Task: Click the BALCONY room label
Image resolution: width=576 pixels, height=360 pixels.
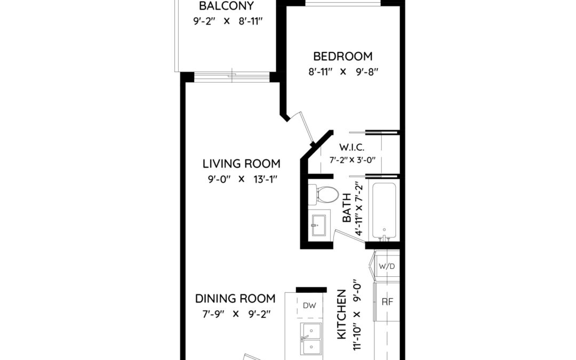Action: point(226,6)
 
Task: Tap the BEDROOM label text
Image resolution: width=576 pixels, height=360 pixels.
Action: point(343,56)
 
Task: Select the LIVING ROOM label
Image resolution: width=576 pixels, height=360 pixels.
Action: point(242,164)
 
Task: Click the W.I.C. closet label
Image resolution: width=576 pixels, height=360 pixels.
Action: point(351,148)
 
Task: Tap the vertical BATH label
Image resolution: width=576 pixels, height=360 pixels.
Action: point(347,208)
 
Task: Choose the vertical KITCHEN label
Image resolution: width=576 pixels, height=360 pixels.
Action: point(342,315)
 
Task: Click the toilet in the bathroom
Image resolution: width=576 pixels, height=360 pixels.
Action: point(323,194)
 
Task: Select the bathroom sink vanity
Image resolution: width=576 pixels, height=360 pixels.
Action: point(319,225)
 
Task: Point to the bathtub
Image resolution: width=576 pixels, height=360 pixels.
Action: point(384,211)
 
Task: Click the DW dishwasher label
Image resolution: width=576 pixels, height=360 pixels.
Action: point(309,305)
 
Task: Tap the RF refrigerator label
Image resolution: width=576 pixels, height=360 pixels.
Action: point(387,302)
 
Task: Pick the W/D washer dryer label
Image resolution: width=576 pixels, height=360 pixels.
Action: point(387,266)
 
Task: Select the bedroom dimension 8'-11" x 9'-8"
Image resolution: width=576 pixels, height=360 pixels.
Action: point(343,71)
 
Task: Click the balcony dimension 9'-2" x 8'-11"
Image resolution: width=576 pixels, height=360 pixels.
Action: point(228,21)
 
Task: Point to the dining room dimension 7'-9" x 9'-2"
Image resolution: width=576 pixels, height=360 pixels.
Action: point(236,314)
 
